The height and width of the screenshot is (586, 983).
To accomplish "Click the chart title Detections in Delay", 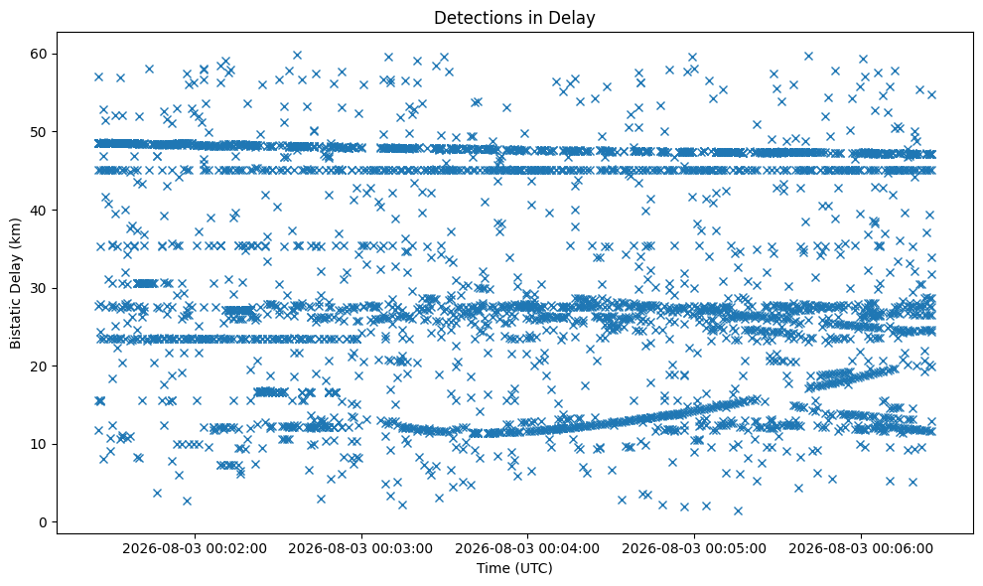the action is [x=514, y=18].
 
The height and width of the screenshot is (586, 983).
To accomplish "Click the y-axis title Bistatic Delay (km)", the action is [x=15, y=284].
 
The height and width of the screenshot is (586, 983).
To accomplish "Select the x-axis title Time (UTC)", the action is [x=514, y=568].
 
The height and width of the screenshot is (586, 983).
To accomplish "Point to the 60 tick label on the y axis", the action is [x=40, y=54].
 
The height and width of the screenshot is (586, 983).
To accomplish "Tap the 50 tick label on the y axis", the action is [x=40, y=132].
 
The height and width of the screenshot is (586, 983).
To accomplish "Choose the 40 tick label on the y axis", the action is [x=40, y=211].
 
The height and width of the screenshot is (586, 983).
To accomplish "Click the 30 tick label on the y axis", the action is [x=40, y=288].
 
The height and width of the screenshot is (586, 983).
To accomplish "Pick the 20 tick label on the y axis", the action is [x=40, y=366].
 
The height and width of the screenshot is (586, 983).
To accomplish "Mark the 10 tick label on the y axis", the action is [x=40, y=444].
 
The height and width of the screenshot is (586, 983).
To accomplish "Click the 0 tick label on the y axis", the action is [x=44, y=522].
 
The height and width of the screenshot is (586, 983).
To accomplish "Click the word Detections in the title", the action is [x=480, y=18].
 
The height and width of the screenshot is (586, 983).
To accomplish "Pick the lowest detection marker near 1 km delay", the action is [x=738, y=511].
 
